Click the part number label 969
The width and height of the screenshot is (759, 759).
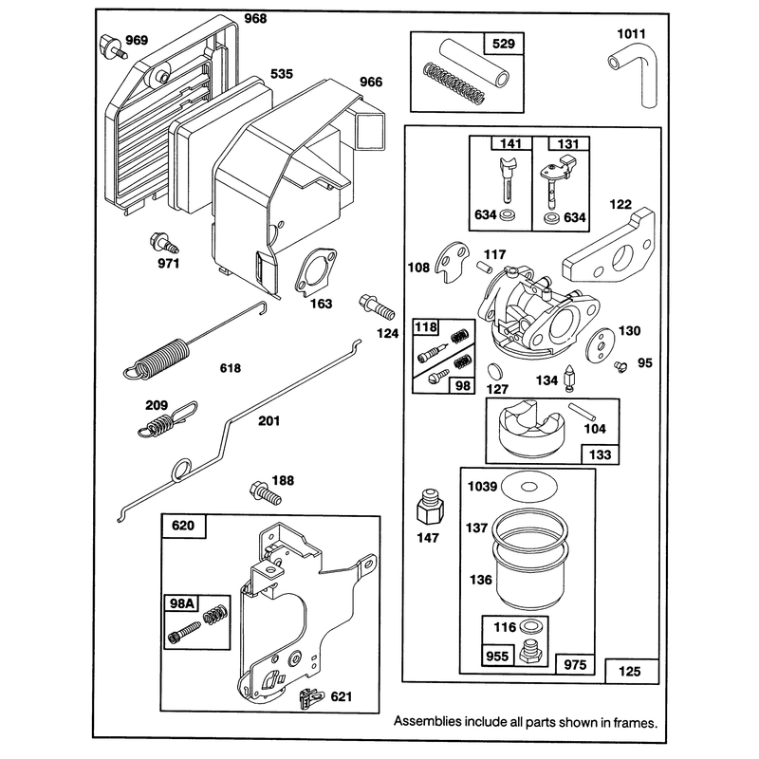point(137,40)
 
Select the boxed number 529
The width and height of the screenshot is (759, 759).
point(504,44)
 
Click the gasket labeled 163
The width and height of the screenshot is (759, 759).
point(316,272)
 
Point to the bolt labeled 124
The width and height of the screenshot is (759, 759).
point(377,306)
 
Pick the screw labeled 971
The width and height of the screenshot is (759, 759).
point(164,243)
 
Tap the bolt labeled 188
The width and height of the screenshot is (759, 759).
point(265,493)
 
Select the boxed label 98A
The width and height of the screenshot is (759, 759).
point(182,603)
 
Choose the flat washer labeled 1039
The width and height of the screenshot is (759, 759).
point(529,487)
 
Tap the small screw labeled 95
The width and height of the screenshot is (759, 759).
point(620,366)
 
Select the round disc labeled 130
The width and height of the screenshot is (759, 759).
point(601,344)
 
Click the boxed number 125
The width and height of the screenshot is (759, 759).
point(629,672)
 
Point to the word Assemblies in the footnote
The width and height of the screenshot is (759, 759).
point(428,722)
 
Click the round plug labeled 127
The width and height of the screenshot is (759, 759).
point(495,371)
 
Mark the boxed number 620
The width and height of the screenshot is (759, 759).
point(183,526)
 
